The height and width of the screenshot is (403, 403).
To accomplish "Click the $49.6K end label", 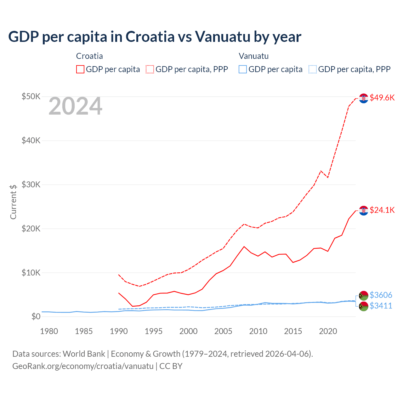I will tap(382, 98).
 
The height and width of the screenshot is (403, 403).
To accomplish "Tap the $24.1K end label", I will tap(382, 210).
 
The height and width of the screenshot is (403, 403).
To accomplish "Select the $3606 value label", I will tap(381, 295).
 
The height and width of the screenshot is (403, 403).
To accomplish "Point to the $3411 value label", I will tap(381, 306).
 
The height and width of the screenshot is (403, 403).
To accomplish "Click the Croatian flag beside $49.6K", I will tap(364, 98).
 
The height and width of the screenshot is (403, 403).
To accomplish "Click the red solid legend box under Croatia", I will tap(80, 69).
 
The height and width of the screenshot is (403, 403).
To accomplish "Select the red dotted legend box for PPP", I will tap(150, 69).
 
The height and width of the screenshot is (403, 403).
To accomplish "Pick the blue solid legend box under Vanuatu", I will tap(243, 69).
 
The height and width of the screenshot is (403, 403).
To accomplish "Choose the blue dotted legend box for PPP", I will tap(312, 69).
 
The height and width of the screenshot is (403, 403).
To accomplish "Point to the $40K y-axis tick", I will tap(31, 140).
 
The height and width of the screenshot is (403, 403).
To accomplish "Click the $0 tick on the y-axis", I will tap(36, 316).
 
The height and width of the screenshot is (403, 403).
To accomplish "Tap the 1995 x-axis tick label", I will tap(154, 331).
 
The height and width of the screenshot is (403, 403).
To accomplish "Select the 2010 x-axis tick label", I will tap(258, 331).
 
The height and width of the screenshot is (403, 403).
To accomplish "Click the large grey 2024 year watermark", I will tap(75, 106).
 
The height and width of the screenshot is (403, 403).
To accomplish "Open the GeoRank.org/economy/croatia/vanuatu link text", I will tap(83, 366).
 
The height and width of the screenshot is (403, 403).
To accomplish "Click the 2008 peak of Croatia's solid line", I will tap(244, 247).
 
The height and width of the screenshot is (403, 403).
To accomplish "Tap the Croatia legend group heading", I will tap(89, 56).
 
